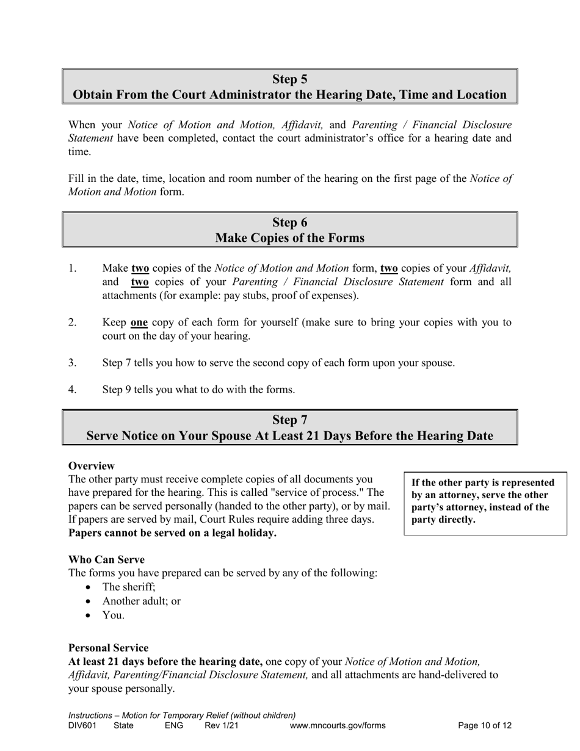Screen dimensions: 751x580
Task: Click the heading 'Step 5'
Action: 289,79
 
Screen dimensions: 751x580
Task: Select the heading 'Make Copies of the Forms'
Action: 289,238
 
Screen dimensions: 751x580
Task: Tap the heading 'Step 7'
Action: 289,420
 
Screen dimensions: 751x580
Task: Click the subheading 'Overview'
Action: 92,466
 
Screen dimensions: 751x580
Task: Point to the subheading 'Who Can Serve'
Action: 106,559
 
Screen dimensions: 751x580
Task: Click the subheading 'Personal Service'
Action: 108,648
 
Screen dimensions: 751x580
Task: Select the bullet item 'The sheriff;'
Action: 129,587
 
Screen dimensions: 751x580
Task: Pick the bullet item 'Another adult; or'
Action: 142,601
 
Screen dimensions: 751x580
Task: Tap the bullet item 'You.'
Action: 114,615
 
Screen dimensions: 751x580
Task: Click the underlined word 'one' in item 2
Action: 139,322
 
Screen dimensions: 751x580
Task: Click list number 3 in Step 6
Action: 72,363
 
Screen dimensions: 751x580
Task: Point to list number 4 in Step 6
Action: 72,390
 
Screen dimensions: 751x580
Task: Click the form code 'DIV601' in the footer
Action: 82,726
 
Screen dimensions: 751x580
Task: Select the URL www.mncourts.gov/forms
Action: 338,726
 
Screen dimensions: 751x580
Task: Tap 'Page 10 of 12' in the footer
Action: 485,726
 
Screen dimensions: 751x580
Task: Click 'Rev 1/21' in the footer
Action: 222,726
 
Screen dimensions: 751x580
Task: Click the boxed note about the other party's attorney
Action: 485,501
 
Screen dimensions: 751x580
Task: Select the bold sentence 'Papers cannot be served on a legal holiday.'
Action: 172,533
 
